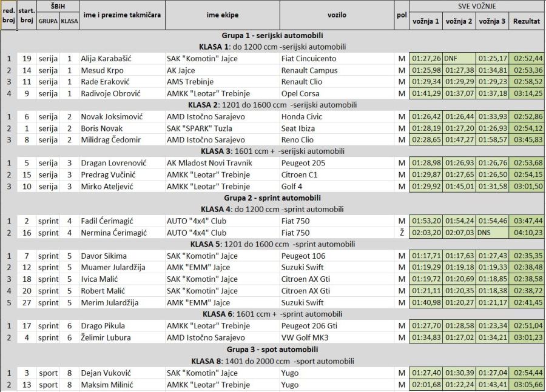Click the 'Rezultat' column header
click(x=527, y=21)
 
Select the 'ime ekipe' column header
click(x=222, y=15)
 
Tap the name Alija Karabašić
click(x=106, y=59)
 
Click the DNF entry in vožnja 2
click(x=451, y=59)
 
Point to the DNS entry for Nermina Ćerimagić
click(x=484, y=233)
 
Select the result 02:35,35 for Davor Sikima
click(x=527, y=256)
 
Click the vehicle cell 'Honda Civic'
click(x=302, y=116)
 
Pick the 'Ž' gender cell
click(x=401, y=233)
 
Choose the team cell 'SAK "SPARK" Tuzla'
click(x=203, y=128)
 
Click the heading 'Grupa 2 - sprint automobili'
click(x=272, y=198)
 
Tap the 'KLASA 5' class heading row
click(x=272, y=245)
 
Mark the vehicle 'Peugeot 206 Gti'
click(x=309, y=325)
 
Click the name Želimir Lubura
click(x=108, y=337)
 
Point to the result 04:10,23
click(x=527, y=233)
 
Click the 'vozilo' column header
click(x=337, y=15)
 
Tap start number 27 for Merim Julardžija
click(x=27, y=302)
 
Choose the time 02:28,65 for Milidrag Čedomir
click(x=425, y=140)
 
